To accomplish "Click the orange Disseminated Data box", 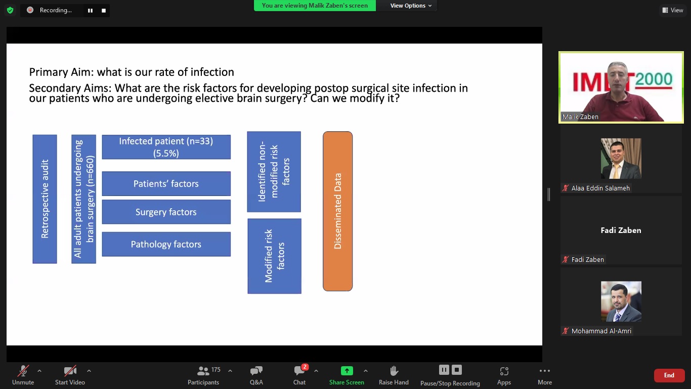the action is coord(337,211).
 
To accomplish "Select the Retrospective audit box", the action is coord(45,199).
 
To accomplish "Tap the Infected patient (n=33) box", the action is coord(166,147).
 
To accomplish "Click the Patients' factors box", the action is coord(166,183).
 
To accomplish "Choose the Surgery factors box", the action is coord(166,212).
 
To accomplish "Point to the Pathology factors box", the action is coord(166,244).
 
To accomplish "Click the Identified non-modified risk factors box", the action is coord(274,172).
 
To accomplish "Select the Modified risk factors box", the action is coord(274,256).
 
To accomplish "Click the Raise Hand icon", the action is coord(394,371).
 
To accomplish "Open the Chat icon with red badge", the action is coord(300,370).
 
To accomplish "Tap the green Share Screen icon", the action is coord(347,370).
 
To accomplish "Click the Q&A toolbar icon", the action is coord(256,371).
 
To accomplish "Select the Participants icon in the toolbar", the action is coord(203,370).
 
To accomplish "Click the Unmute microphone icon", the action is coord(23,371).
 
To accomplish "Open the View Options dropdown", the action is coord(411,6).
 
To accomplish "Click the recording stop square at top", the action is coord(104,11).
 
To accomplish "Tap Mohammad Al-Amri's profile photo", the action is coord(621,301).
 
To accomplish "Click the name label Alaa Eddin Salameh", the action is coord(600,188).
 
